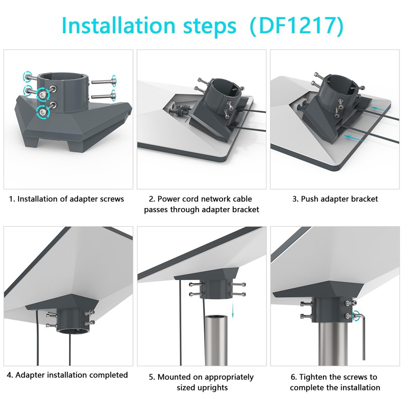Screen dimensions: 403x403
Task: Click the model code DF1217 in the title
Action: coord(296,26)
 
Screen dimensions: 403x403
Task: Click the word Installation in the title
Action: coord(118,25)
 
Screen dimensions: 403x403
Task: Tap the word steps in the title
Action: coord(210,27)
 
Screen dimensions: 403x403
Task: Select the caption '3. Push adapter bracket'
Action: coord(335,199)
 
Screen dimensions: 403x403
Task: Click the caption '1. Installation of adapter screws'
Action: coord(66,199)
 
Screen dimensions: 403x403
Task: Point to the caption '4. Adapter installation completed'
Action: coord(67,375)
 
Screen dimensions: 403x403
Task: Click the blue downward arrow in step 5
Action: coord(233,310)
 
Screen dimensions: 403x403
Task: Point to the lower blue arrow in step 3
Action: coord(355,138)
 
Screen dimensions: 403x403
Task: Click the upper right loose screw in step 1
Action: coord(104,81)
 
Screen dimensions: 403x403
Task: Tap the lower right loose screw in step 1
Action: coord(104,96)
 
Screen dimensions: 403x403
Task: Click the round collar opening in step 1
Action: coord(62,77)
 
